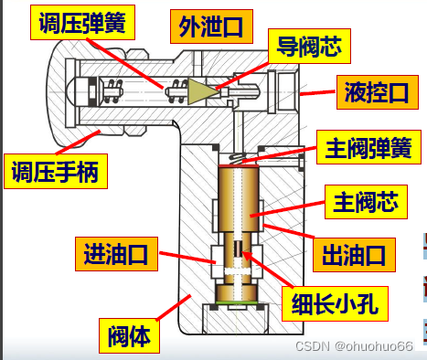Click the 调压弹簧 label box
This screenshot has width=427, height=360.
[x=82, y=22]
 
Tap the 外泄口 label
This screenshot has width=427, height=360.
[x=211, y=26]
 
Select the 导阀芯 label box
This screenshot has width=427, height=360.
[x=309, y=46]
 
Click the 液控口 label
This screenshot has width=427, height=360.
[x=378, y=92]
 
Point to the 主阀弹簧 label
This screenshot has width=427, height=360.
[x=368, y=147]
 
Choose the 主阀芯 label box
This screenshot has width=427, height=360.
[x=366, y=202]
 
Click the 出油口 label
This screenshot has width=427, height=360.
[x=354, y=255]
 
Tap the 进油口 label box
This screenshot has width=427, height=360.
[x=116, y=254]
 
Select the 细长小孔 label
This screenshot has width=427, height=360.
[x=335, y=303]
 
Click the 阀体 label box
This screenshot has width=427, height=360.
[x=129, y=335]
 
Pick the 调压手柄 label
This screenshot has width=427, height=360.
[x=56, y=171]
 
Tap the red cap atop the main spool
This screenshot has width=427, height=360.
[x=239, y=165]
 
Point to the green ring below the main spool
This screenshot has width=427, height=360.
[x=237, y=302]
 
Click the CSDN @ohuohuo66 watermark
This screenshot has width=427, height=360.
[x=354, y=346]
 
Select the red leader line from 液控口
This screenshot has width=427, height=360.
[x=317, y=92]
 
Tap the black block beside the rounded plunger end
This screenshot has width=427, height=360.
[x=92, y=91]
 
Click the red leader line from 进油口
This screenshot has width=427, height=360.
[x=187, y=258]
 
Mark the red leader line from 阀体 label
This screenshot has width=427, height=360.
[x=174, y=307]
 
